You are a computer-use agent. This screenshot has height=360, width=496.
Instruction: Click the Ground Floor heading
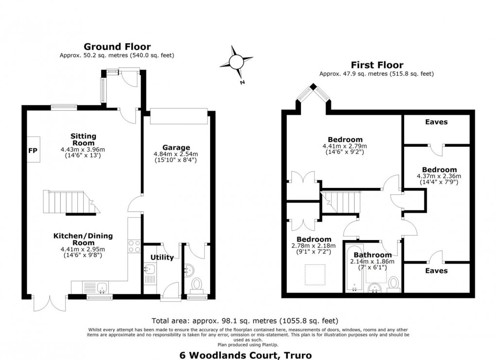pyautogui.click(x=117, y=47)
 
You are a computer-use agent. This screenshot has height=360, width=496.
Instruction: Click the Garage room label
pyautogui.click(x=176, y=147)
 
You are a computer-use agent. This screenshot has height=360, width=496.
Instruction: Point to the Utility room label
pyautogui.click(x=162, y=257)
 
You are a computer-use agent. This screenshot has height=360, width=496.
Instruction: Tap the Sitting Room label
pyautogui.click(x=84, y=139)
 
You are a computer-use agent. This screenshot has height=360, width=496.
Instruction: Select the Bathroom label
pyautogui.click(x=372, y=255)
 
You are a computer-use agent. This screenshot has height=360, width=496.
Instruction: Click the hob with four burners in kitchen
pyautogui.click(x=134, y=247)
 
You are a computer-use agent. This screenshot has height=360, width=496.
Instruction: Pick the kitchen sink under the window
pyautogui.click(x=103, y=287)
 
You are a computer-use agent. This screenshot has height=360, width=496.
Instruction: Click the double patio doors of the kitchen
pyautogui.click(x=50, y=303)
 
